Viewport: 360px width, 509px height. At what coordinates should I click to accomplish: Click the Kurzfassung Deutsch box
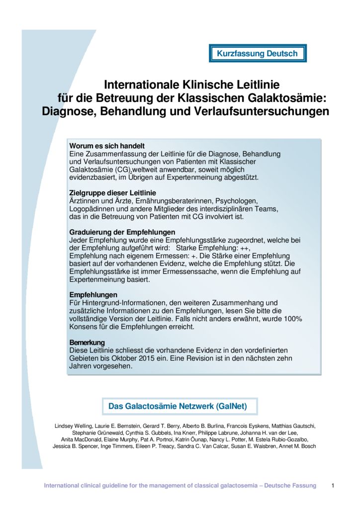click(257, 54)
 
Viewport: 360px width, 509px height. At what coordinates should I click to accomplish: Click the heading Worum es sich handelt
click(107, 146)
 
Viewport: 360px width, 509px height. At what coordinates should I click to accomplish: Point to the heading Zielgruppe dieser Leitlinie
click(112, 193)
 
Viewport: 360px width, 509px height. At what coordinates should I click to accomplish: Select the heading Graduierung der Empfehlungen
click(122, 232)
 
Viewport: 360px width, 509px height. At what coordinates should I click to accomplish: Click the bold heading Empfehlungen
click(93, 295)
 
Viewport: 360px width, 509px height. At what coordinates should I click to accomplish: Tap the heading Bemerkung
click(87, 343)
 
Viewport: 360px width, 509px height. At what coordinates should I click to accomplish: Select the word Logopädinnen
click(92, 209)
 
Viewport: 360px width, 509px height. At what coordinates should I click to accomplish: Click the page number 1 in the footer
click(333, 486)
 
